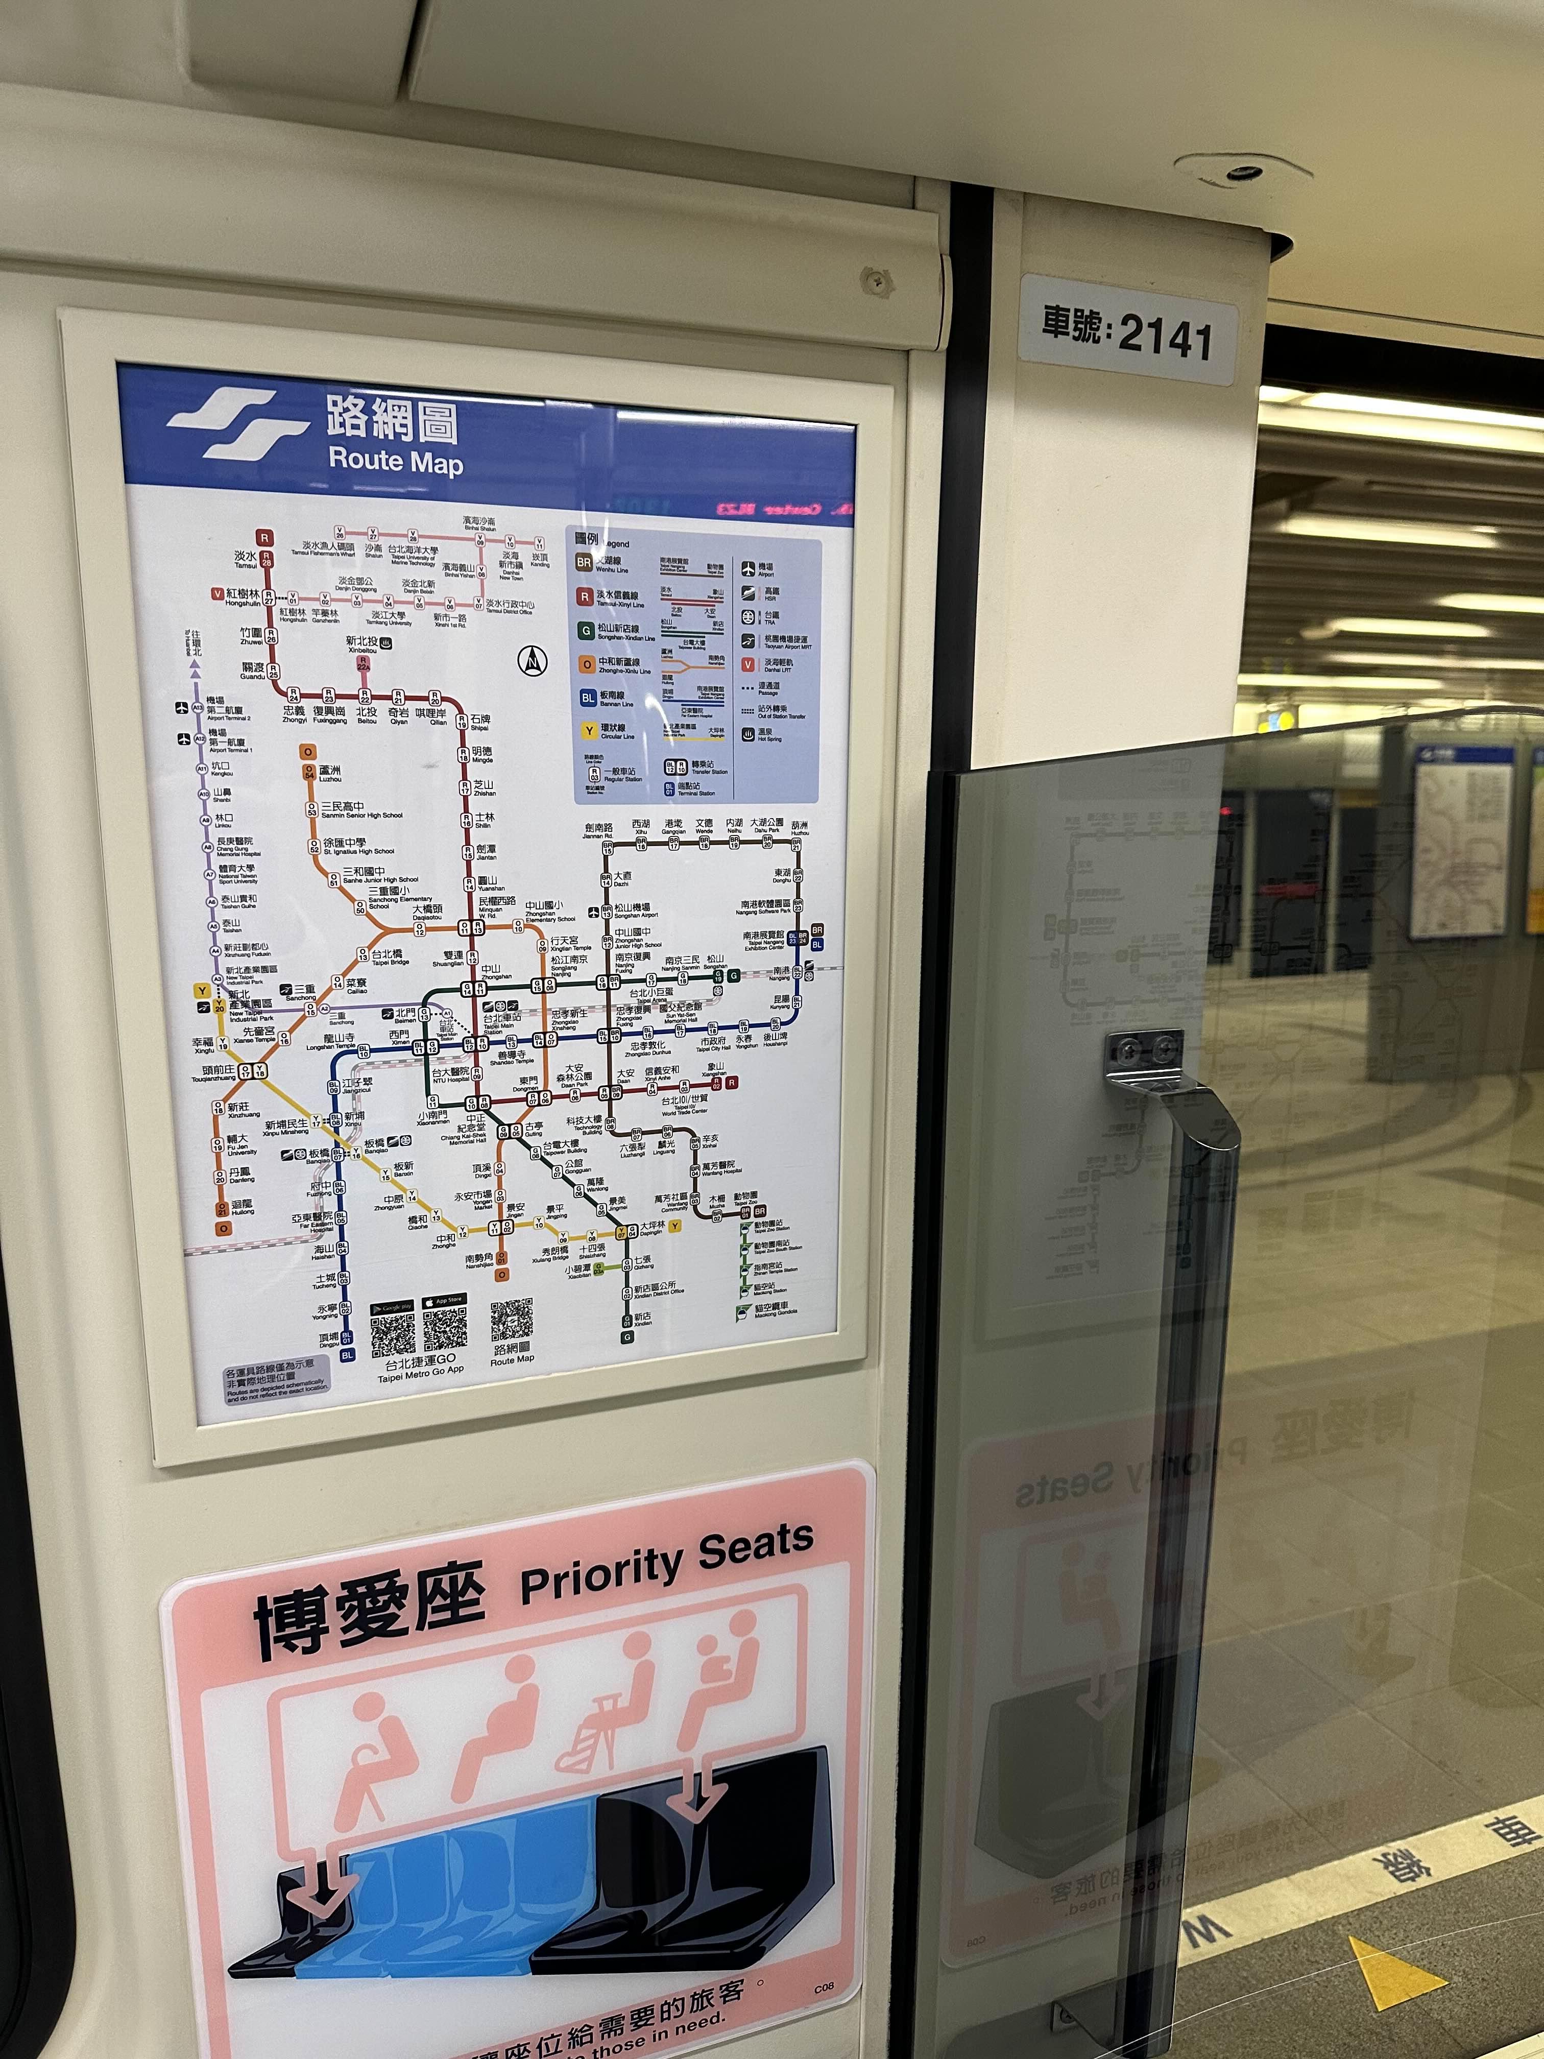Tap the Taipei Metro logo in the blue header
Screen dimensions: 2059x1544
tap(237, 423)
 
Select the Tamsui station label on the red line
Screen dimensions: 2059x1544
tap(246, 559)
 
